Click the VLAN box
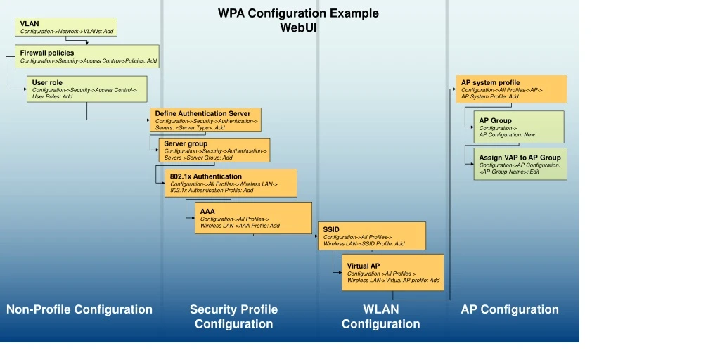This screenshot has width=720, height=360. [x=66, y=27]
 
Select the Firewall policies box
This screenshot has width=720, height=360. [x=88, y=56]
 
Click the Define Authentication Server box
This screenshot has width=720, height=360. [x=205, y=120]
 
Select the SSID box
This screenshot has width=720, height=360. [x=372, y=236]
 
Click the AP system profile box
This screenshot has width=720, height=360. [x=511, y=89]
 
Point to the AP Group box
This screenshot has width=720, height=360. [x=519, y=127]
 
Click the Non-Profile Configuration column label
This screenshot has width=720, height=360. [x=79, y=309]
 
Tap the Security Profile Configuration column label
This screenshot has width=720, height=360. [x=233, y=316]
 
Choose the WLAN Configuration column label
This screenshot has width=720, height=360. [x=380, y=316]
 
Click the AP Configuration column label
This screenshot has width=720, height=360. [x=510, y=309]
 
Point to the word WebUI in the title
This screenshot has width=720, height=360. [x=298, y=27]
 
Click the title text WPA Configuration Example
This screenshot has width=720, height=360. [x=298, y=13]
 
